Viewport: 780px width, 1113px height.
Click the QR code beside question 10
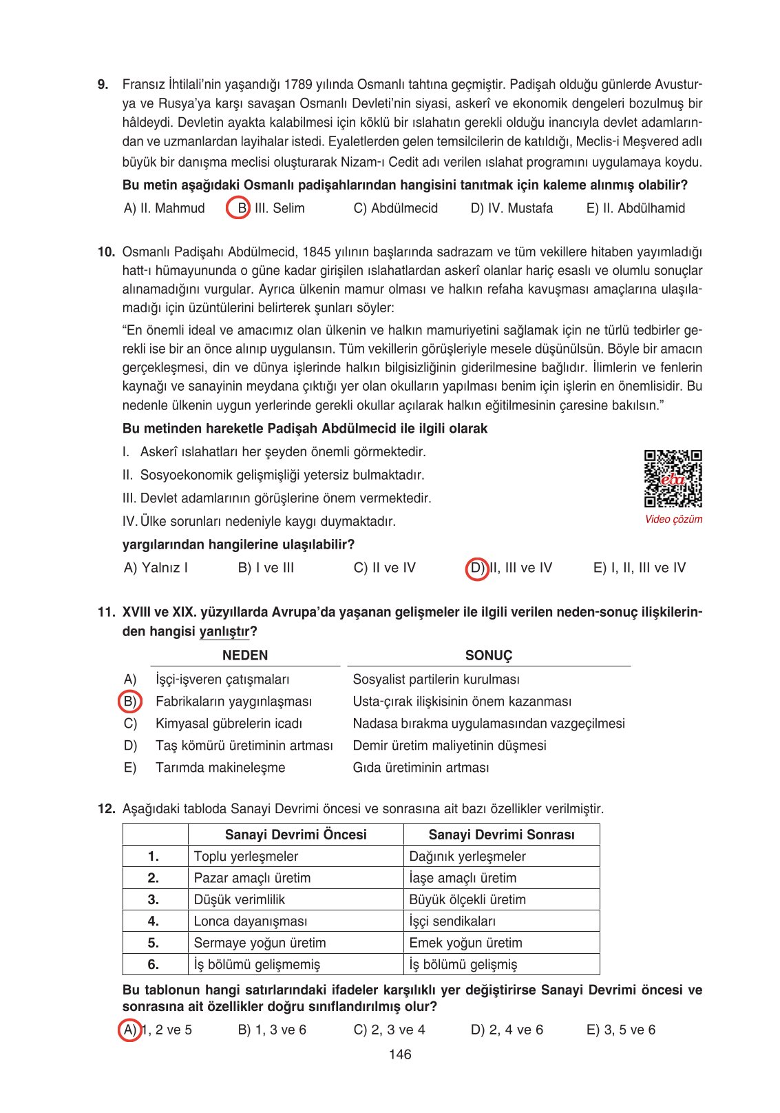click(673, 478)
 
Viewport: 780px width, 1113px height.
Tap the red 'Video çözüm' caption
click(673, 520)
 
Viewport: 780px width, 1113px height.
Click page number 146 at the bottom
click(400, 1054)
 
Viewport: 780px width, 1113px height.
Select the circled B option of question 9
click(238, 208)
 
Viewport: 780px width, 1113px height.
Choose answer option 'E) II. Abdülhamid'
click(635, 208)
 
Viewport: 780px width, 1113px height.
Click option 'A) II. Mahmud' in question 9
click(164, 208)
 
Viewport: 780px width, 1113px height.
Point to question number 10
click(106, 252)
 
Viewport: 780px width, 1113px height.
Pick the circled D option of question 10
click(476, 568)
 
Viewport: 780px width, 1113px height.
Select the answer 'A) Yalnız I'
click(156, 568)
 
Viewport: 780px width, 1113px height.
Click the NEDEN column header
click(245, 655)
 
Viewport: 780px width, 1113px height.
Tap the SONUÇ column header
click(489, 655)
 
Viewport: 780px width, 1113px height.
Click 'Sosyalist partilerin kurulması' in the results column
click(436, 680)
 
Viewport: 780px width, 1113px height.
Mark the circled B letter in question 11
click(129, 702)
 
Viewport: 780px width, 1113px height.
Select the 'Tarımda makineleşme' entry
click(220, 768)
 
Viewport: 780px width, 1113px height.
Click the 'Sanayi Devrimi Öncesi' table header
click(295, 835)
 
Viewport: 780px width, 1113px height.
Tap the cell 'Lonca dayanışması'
click(251, 921)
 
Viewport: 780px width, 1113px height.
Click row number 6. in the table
click(154, 964)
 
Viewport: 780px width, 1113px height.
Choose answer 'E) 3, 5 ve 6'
click(620, 1030)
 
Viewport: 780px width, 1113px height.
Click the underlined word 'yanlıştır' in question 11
click(224, 631)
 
